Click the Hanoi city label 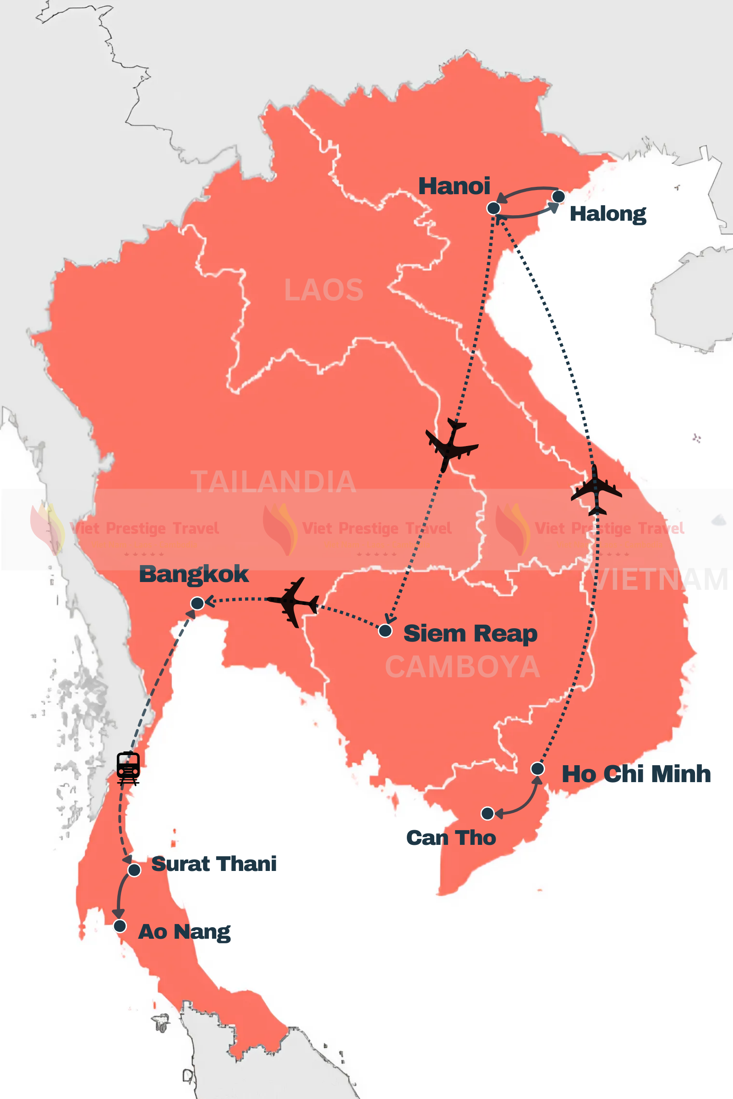tap(454, 186)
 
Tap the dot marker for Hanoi tap(494, 208)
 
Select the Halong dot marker tap(558, 197)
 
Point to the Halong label tap(608, 214)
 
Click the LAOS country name tap(323, 290)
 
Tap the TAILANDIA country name tap(274, 482)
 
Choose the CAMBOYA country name tap(462, 667)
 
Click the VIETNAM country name tap(659, 579)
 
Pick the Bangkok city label tap(193, 574)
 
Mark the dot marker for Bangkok tap(197, 603)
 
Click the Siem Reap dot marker tap(385, 631)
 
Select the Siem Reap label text tap(470, 634)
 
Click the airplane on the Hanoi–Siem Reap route tap(451, 444)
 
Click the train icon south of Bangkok tap(128, 768)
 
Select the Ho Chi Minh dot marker tap(537, 769)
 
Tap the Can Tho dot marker tap(487, 814)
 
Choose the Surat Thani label tap(213, 864)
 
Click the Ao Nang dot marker tap(120, 925)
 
